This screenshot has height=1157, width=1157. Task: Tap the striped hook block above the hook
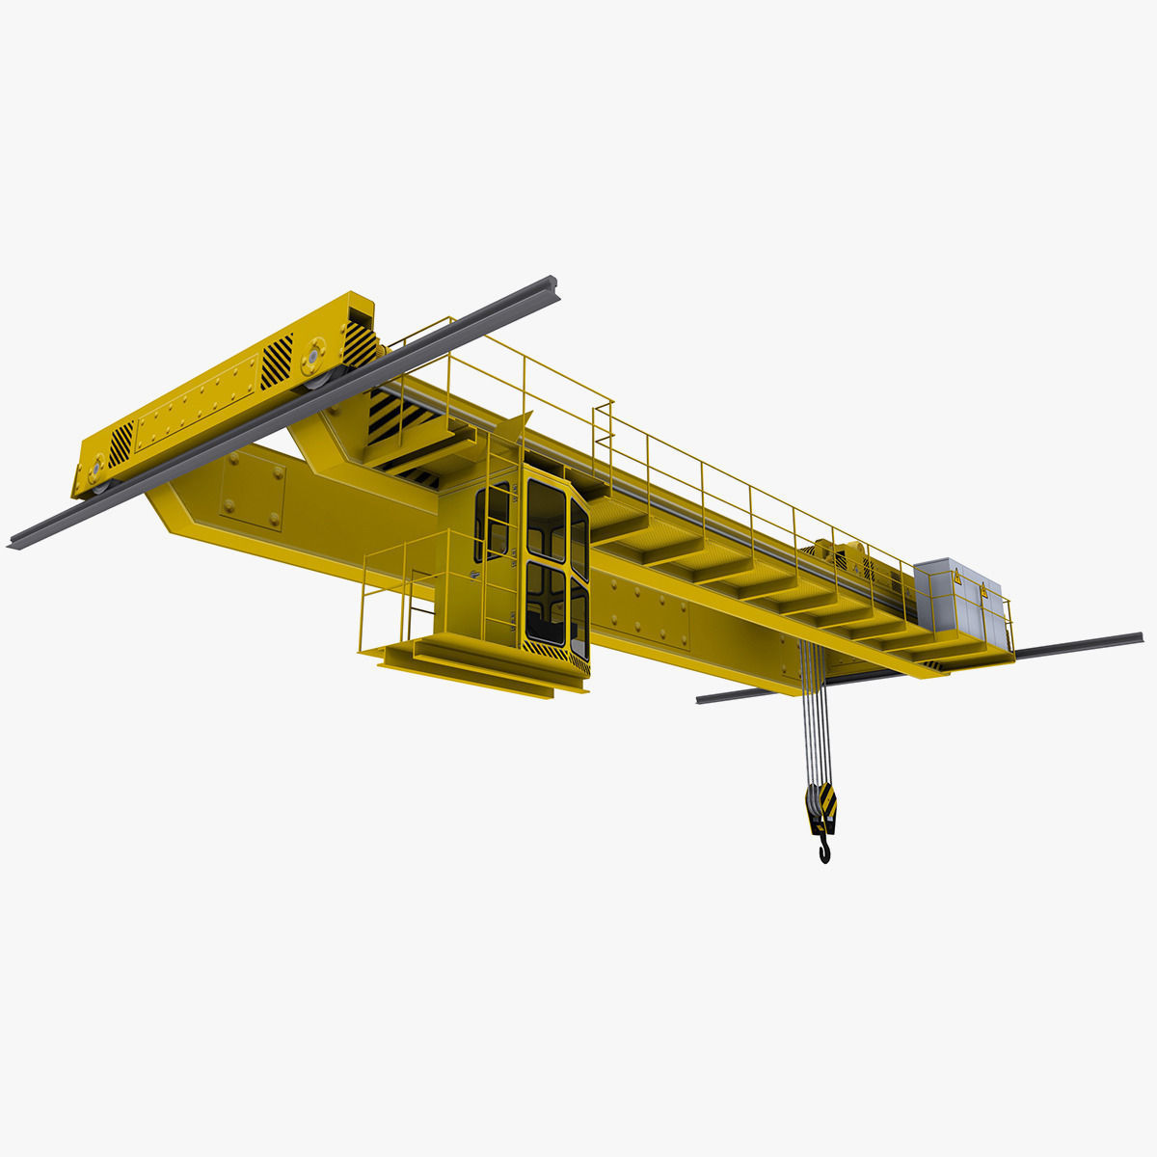tap(821, 805)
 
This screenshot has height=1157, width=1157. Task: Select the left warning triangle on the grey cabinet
tap(957, 578)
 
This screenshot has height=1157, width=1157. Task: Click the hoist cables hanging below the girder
tap(813, 713)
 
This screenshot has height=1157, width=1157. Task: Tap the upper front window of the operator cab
tap(546, 521)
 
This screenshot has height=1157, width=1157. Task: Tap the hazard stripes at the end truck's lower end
tap(121, 444)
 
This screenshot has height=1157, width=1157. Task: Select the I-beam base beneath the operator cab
tap(482, 665)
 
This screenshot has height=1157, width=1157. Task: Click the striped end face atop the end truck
tap(361, 342)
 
